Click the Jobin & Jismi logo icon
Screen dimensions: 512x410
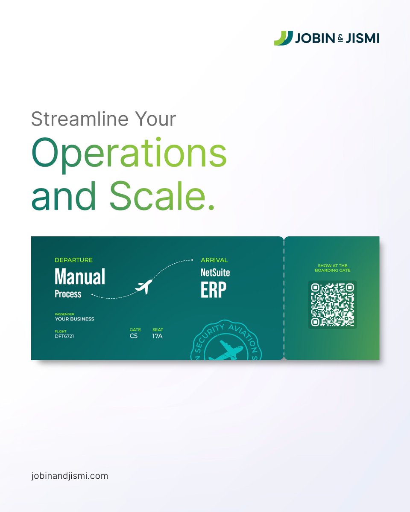pos(283,38)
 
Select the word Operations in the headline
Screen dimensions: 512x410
pos(129,154)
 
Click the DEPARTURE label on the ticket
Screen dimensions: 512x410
pos(73,260)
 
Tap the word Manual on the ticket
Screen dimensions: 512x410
pos(80,277)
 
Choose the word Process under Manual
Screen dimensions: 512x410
pos(68,294)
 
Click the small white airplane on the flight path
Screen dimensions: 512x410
pos(143,286)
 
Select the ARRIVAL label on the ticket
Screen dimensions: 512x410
pos(214,260)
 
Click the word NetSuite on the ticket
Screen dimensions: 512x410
pos(215,273)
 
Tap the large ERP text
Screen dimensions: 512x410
pos(214,290)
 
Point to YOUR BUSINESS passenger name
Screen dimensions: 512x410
pos(74,319)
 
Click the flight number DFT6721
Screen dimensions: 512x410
pos(64,336)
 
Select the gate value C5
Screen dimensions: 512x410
pos(134,336)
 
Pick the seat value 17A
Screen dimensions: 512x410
pos(157,336)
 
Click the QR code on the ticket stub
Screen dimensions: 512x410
pos(332,305)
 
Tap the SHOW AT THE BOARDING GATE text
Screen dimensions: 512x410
pos(332,268)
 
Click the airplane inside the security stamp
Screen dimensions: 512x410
pos(226,351)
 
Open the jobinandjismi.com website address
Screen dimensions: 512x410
pos(70,476)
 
